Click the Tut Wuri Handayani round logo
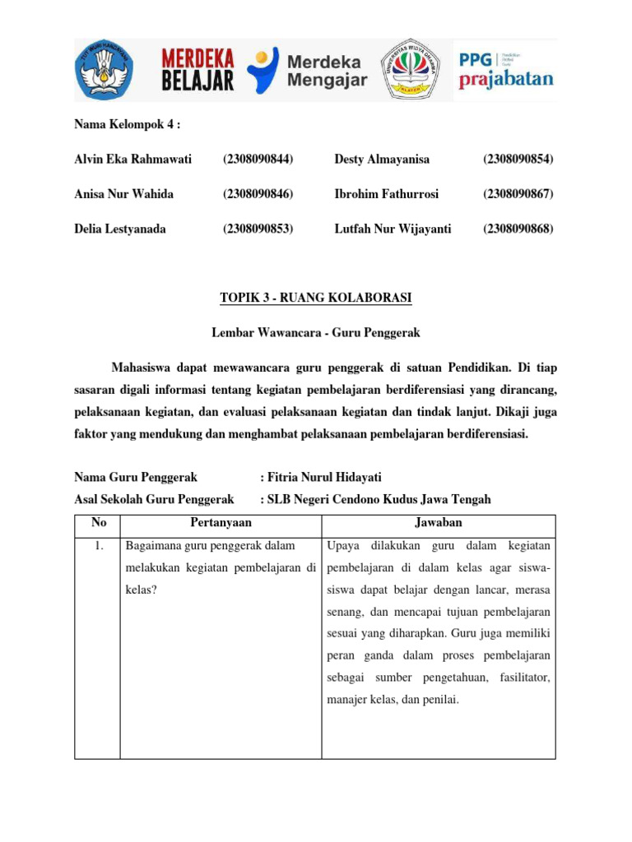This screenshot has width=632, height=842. point(105,70)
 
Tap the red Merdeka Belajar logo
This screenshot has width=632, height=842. point(197,70)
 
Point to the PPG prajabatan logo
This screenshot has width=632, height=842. point(505,70)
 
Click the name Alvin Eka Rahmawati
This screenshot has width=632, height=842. point(132,159)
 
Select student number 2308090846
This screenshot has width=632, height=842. point(258,194)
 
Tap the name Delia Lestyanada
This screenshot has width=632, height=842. point(120,229)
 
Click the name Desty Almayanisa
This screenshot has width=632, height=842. point(382,159)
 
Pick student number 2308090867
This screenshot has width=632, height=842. point(518,194)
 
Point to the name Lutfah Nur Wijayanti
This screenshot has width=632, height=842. point(393,229)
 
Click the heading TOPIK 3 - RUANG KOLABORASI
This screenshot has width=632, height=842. point(316,298)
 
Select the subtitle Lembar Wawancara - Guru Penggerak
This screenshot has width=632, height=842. point(316,332)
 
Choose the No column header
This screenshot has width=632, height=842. point(97,523)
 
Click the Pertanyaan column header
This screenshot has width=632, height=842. point(221,523)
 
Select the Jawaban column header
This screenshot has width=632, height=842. point(439,523)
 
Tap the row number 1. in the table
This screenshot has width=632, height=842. point(97,546)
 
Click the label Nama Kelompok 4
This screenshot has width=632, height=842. point(127,124)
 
